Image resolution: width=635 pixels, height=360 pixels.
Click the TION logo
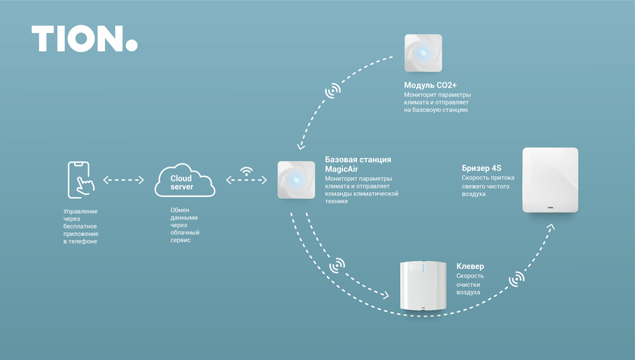point(83,39)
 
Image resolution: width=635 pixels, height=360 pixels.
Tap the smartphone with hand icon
point(80,180)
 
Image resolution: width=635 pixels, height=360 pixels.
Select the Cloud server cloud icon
point(184,181)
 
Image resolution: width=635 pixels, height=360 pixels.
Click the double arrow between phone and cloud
point(123,180)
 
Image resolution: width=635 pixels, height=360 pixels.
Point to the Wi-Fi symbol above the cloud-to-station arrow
point(246,170)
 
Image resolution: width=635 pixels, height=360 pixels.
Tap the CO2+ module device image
point(423,53)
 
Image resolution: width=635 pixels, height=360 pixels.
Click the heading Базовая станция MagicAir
point(358,164)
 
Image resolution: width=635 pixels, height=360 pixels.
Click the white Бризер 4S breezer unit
point(550,180)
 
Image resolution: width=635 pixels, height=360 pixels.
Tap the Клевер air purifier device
point(423,286)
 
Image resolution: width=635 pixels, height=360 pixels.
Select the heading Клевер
point(470,266)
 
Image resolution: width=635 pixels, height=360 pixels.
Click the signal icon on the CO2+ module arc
point(332,92)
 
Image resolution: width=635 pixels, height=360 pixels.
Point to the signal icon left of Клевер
point(338,265)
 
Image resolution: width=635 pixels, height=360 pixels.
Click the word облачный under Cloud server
point(186,231)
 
